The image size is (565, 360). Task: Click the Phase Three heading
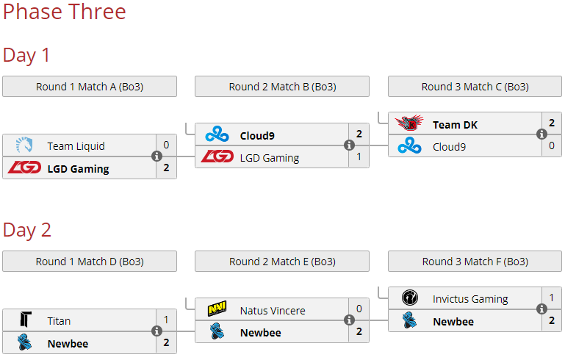(x=64, y=12)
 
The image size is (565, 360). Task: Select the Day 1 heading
(x=26, y=55)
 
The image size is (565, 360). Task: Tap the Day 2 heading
(x=26, y=230)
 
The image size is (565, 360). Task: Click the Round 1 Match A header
(x=90, y=87)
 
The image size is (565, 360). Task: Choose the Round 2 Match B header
(x=282, y=87)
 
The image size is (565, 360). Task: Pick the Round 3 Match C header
(x=475, y=87)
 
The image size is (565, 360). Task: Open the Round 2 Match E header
(x=282, y=262)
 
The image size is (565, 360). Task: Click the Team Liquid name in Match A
(x=76, y=146)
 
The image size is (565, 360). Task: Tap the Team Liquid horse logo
(x=24, y=145)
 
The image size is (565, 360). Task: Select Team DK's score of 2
(x=552, y=123)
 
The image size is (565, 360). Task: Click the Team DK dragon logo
(x=409, y=123)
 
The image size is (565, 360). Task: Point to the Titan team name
(x=59, y=321)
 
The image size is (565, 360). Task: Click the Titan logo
(x=26, y=320)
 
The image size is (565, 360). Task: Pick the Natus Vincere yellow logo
(x=217, y=309)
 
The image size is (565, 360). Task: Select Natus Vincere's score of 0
(x=359, y=309)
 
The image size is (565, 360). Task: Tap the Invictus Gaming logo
(x=410, y=298)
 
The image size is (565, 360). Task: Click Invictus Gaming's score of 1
(x=552, y=298)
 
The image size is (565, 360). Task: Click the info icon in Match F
(x=541, y=309)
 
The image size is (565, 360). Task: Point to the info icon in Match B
(x=349, y=145)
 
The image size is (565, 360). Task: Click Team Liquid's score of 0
(x=166, y=145)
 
